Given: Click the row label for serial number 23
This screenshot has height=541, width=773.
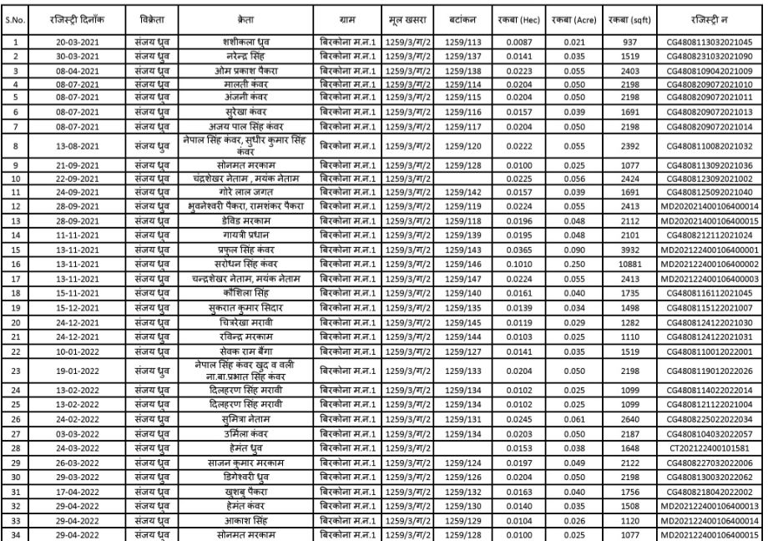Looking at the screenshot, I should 18,372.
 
